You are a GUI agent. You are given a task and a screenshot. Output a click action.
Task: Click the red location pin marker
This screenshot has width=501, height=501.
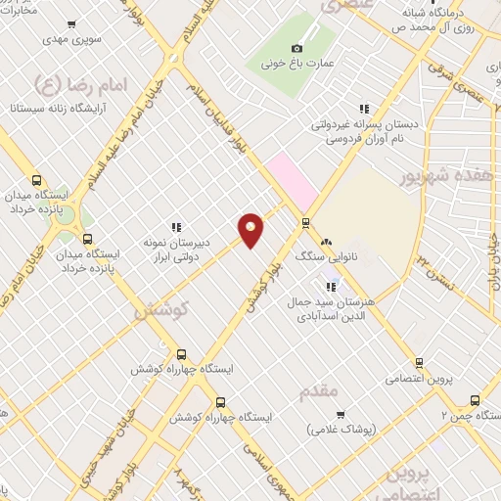coord(251,230)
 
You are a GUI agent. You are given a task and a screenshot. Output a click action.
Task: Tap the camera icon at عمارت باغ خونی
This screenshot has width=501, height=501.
coord(297,48)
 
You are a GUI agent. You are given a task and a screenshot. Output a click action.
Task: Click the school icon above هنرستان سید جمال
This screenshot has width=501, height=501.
coord(332,287)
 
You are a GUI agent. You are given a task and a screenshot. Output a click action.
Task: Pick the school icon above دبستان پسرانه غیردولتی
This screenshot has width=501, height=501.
coord(363,110)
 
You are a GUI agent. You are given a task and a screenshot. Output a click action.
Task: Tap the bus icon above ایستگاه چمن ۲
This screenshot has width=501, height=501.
coord(475,399)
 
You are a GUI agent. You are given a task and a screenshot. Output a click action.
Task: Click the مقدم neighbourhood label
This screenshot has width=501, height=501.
coord(319,390)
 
